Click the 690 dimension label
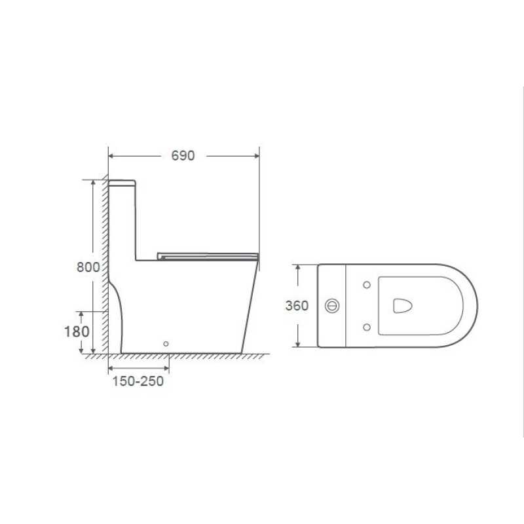pyautogui.click(x=183, y=156)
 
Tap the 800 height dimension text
pyautogui.click(x=88, y=267)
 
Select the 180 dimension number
pyautogui.click(x=77, y=331)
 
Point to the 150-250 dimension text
pyautogui.click(x=138, y=381)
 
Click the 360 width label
pyautogui.click(x=297, y=305)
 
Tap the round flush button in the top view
pyautogui.click(x=332, y=305)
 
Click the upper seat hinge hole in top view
pyautogui.click(x=367, y=285)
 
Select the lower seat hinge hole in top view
pyautogui.click(x=367, y=327)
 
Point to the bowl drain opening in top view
pyautogui.click(x=402, y=305)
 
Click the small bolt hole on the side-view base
pyautogui.click(x=166, y=343)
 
